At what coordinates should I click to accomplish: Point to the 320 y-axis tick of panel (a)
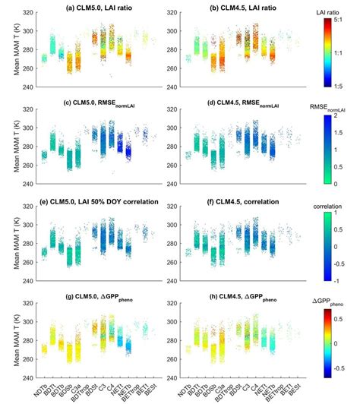[26, 15]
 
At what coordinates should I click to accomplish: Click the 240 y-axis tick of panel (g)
[26, 378]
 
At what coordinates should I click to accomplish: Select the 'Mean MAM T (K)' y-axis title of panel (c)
[9, 145]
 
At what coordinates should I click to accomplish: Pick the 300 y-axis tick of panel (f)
[173, 226]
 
